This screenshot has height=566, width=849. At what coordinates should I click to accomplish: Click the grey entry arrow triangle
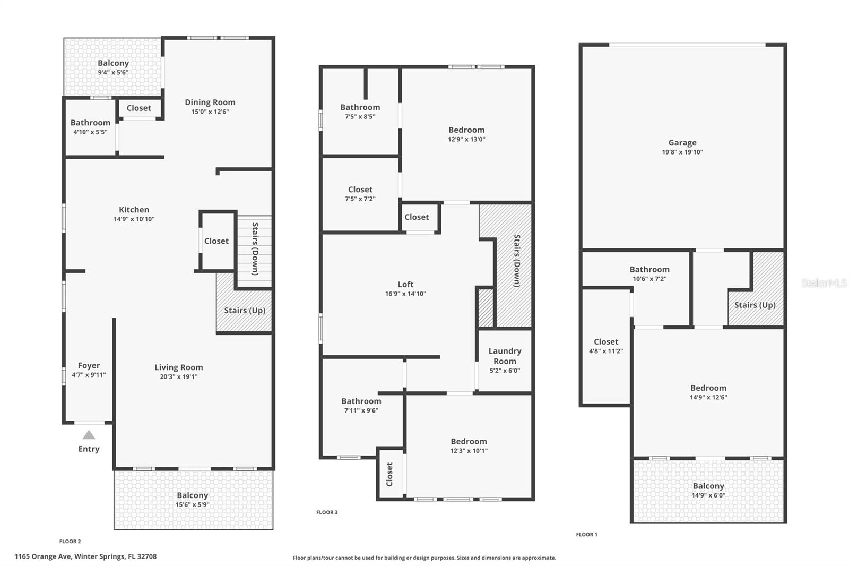[89, 435]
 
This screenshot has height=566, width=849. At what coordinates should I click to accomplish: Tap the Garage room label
[682, 143]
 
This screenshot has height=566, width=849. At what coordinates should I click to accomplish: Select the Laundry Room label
[505, 356]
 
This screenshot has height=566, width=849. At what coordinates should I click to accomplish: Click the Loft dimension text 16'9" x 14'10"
[405, 294]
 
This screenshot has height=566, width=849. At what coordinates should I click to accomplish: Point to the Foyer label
[89, 366]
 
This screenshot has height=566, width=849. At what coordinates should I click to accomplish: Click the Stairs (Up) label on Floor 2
[244, 311]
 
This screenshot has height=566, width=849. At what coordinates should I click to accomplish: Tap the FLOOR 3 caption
[327, 512]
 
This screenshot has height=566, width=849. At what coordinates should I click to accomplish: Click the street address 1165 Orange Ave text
[85, 556]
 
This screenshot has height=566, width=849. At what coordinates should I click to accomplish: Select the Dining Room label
[210, 102]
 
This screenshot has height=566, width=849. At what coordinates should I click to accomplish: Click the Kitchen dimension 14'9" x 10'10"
[134, 219]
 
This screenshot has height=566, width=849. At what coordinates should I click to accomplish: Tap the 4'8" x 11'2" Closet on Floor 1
[605, 346]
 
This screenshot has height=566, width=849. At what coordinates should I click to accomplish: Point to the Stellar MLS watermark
[824, 283]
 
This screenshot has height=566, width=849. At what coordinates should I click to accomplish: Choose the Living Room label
[178, 367]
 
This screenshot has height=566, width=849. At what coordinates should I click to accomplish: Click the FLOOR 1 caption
[586, 535]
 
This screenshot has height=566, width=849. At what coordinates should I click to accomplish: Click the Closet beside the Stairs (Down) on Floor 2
[216, 241]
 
